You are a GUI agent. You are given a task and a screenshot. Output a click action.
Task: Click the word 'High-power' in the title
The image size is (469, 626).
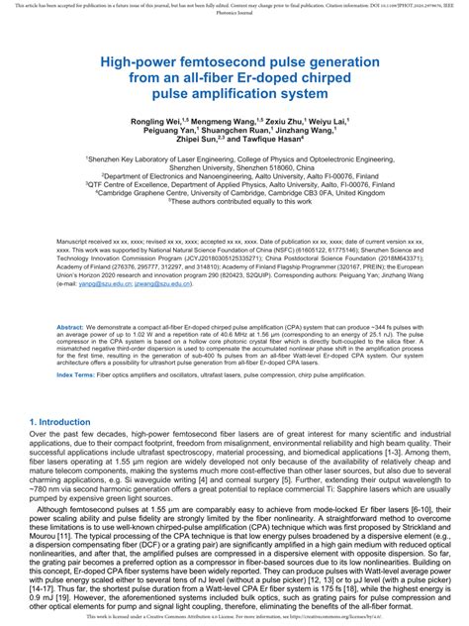coord(140,60)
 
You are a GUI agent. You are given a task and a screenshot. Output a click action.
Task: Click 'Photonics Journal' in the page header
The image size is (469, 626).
coord(234,14)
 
